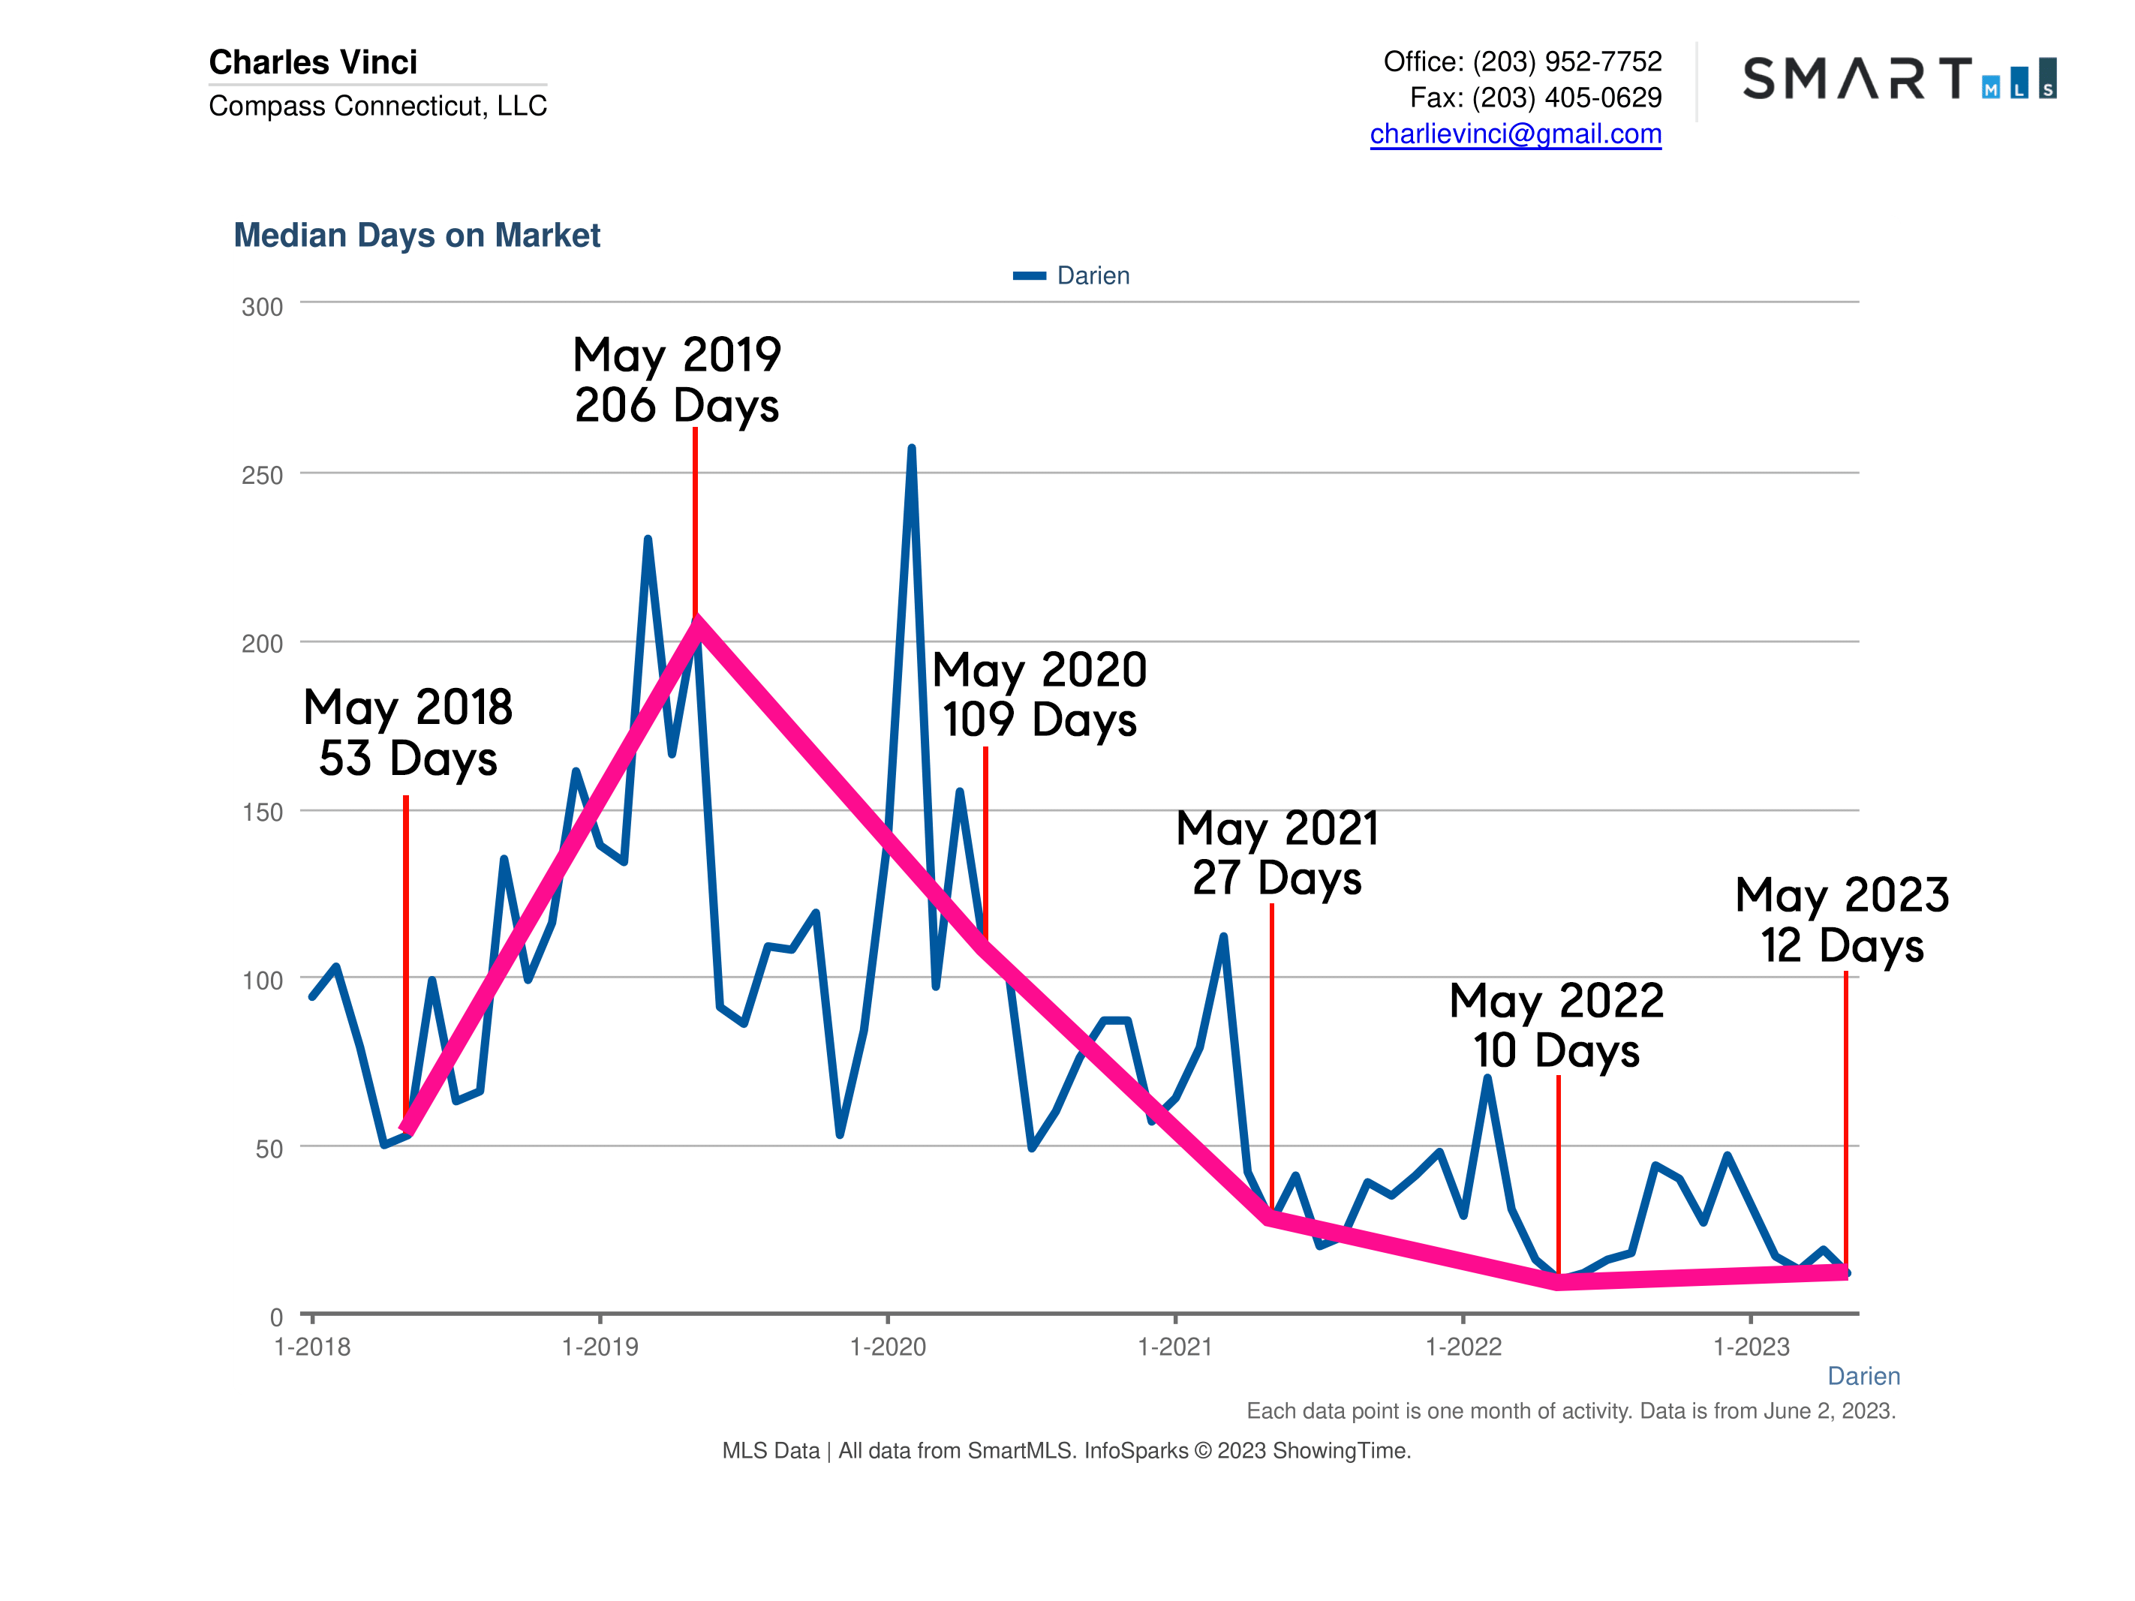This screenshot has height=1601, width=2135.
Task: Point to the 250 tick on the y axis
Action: coord(262,475)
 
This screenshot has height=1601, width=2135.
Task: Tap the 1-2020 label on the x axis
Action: coord(887,1347)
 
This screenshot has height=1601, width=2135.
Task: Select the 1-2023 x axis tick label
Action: coord(1751,1347)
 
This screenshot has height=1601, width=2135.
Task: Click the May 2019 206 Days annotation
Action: coord(677,380)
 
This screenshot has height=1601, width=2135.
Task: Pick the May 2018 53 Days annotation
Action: coord(407,732)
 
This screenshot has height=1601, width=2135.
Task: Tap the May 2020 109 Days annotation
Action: coord(1039,695)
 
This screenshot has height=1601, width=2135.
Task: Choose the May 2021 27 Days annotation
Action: coord(1277,853)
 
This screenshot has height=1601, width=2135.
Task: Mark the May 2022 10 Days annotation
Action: coord(1556,1026)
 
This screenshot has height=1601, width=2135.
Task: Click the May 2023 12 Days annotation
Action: coord(1842,920)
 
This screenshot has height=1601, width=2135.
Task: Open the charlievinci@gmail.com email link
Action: coord(1515,134)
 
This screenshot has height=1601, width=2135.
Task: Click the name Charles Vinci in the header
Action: coord(313,62)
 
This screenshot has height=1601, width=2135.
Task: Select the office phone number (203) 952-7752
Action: coord(1566,62)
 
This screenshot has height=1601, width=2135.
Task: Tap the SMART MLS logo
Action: coord(1899,78)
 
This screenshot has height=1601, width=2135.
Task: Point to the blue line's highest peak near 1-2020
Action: coord(911,449)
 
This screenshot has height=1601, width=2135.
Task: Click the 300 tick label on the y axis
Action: coord(262,307)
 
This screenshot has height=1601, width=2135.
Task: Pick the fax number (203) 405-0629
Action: coord(1566,98)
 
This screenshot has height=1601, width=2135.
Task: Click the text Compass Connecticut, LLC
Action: coord(377,105)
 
